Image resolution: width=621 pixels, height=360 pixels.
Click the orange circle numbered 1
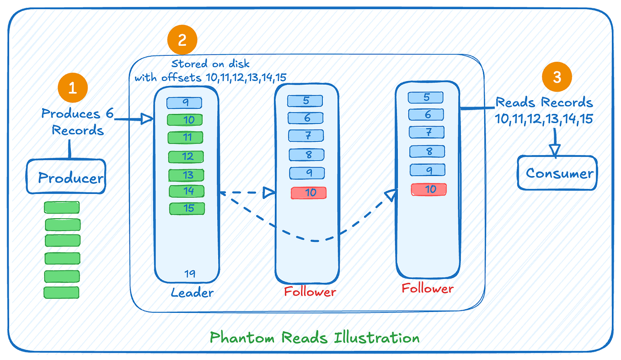pos(72,88)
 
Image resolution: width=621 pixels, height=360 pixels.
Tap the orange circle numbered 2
pos(182,40)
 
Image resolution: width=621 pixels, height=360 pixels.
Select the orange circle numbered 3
pos(557,77)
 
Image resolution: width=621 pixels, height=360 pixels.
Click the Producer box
pos(66,177)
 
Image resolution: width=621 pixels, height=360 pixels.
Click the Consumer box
pos(557,173)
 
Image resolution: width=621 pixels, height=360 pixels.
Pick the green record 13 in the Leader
pos(187,175)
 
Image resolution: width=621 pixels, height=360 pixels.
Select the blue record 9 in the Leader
pos(184,103)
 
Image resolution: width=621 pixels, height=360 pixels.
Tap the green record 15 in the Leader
pos(187,209)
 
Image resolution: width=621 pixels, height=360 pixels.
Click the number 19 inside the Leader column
pos(190,274)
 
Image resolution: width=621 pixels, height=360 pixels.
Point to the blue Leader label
pos(192,292)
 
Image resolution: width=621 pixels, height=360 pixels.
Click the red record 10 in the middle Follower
pos(309,193)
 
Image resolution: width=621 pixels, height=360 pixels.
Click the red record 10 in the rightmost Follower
pos(429,189)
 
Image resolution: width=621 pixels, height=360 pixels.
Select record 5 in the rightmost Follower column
pos(425,97)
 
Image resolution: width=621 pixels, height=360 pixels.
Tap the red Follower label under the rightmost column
pos(428,288)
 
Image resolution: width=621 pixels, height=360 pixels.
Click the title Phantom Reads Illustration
pos(315,338)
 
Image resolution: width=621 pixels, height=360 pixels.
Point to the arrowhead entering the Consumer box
pos(555,150)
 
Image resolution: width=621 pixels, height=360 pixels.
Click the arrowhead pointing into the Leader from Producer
pos(147,119)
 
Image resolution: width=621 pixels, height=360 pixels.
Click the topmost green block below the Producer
pos(62,208)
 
